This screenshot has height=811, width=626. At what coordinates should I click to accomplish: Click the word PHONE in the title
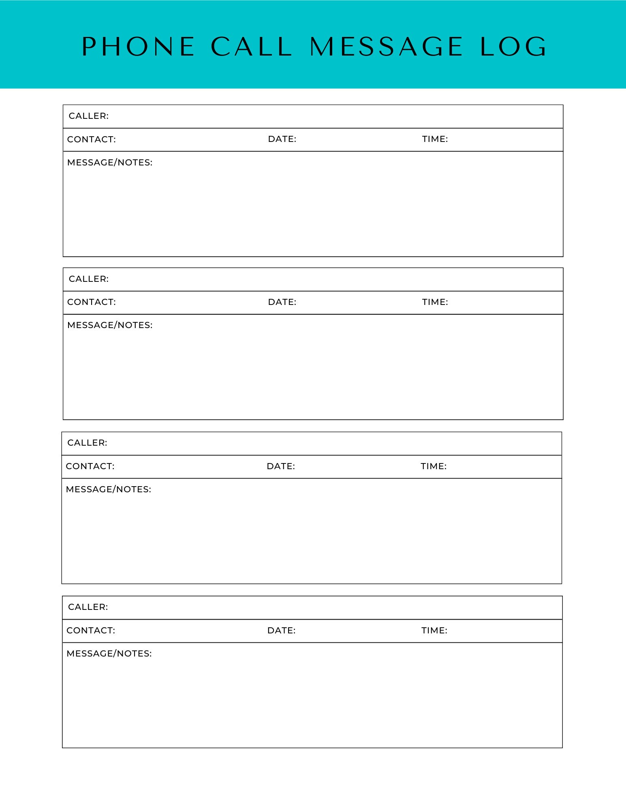click(x=139, y=47)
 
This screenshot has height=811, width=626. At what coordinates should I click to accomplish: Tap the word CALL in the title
click(x=251, y=47)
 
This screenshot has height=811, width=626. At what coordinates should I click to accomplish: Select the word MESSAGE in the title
click(x=386, y=47)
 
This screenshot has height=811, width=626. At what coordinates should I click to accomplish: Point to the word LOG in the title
click(x=513, y=47)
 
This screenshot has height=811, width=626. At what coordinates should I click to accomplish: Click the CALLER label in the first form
click(x=89, y=116)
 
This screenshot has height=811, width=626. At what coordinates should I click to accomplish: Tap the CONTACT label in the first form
click(x=92, y=139)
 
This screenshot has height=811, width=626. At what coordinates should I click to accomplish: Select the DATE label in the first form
click(x=282, y=139)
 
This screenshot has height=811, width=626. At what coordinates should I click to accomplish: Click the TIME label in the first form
click(x=435, y=139)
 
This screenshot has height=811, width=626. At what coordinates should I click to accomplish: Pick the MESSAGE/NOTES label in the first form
click(x=110, y=163)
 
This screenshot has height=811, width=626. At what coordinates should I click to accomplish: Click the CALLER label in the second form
click(x=89, y=279)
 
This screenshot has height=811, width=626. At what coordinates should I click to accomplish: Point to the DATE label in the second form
click(x=282, y=302)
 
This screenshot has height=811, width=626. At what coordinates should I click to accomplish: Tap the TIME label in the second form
click(x=435, y=302)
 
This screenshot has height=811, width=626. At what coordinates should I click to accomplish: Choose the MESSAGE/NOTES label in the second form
click(x=110, y=325)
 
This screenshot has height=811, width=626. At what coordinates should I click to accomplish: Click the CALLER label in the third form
click(x=87, y=443)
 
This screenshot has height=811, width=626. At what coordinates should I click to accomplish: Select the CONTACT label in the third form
click(x=90, y=466)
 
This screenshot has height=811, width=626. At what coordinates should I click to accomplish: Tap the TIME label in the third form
click(x=434, y=466)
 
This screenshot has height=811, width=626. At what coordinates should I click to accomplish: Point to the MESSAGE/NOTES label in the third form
click(x=109, y=489)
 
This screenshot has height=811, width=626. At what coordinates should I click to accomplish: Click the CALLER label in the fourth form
click(x=88, y=607)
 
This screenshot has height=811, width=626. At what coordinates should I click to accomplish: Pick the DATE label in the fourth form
click(x=281, y=631)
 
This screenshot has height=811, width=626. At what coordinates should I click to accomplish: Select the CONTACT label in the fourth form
click(x=91, y=631)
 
